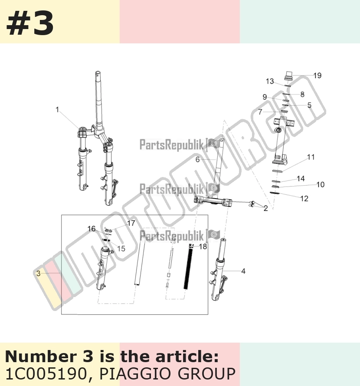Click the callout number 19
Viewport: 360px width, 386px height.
[x=317, y=75]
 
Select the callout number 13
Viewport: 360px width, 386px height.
[x=270, y=81]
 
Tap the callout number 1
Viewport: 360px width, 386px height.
[x=57, y=110]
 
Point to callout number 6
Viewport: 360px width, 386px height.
[x=197, y=160]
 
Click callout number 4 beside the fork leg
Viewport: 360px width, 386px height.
[x=243, y=271]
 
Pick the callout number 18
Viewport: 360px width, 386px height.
[x=203, y=246]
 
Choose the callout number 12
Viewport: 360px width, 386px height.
[x=304, y=198]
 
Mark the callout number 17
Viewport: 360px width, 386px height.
[x=131, y=223]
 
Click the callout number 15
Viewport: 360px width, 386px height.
[x=121, y=249]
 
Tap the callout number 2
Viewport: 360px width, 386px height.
[x=265, y=208]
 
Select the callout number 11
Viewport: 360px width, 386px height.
[x=311, y=157]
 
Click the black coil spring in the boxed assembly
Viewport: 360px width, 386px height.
[x=188, y=268]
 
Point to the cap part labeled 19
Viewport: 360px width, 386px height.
[x=288, y=75]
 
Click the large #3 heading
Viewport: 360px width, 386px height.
[x=30, y=24]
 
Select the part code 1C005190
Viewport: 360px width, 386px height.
[x=46, y=374]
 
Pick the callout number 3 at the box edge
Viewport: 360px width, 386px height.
[x=39, y=273]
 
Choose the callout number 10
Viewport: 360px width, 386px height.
[x=321, y=184]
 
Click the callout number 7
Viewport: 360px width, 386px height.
[x=260, y=112]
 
